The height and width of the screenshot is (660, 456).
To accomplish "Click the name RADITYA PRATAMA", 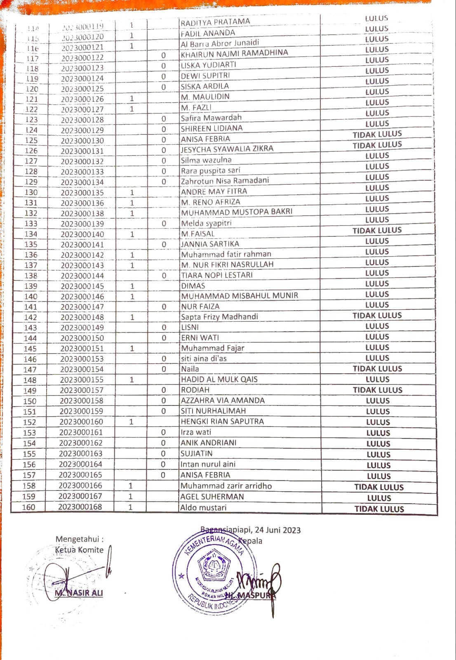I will coord(215,22).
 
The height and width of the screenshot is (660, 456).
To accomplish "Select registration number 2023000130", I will coord(82,141).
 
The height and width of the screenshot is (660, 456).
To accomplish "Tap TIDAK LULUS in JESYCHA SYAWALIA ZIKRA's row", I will coord(377,145).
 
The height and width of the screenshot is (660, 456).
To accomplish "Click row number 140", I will coord(31,297).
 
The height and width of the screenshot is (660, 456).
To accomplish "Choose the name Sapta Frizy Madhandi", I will coord(219,317).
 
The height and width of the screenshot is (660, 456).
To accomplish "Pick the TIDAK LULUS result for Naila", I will coord(377,369).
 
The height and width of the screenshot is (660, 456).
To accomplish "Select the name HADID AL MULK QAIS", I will coord(219,379).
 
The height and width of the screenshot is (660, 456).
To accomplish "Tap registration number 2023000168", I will coord(80,507).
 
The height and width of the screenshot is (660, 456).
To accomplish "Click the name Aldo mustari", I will coord(203,508).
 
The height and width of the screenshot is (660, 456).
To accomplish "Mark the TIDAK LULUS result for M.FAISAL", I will coord(377,231).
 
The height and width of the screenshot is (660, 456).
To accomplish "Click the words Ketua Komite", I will coord(79,550).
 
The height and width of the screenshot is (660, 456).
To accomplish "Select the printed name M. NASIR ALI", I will coord(79,593).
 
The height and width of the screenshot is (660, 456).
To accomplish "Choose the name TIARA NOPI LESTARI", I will coord(217,275).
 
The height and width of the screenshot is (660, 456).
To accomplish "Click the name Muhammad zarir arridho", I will coord(226,486).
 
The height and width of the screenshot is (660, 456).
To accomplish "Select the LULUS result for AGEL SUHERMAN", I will coord(379,498).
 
